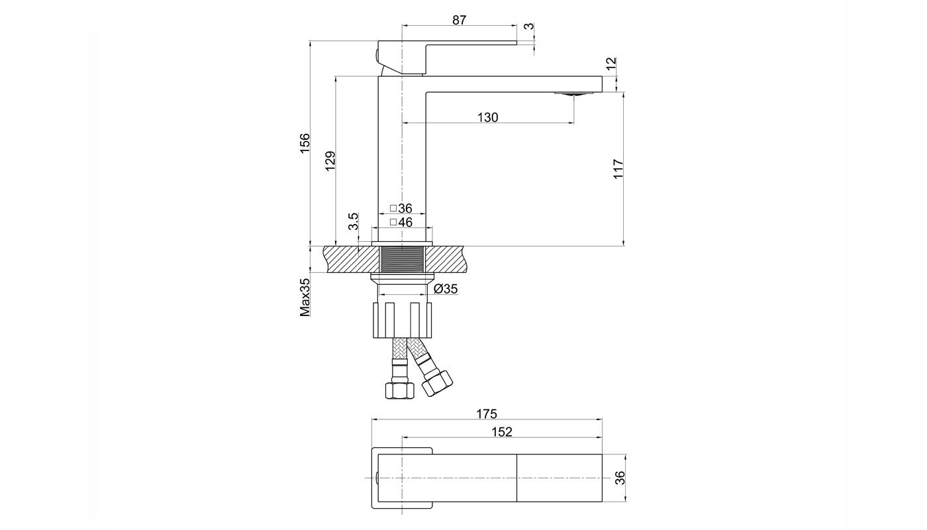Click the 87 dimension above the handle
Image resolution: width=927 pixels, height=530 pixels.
point(459,20)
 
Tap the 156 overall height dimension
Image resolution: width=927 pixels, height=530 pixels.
point(305,143)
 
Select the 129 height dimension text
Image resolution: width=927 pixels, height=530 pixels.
point(330,161)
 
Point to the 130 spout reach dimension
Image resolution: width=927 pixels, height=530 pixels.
point(488,118)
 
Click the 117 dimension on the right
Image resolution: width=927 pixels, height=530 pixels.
point(618,168)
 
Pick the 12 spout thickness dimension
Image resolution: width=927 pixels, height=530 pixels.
point(611,64)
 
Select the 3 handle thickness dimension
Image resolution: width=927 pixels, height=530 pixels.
point(529,26)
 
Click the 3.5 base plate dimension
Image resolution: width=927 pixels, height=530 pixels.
point(353,221)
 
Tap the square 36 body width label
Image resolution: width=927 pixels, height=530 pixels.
point(401,208)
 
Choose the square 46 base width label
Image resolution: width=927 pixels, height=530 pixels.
point(401,223)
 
